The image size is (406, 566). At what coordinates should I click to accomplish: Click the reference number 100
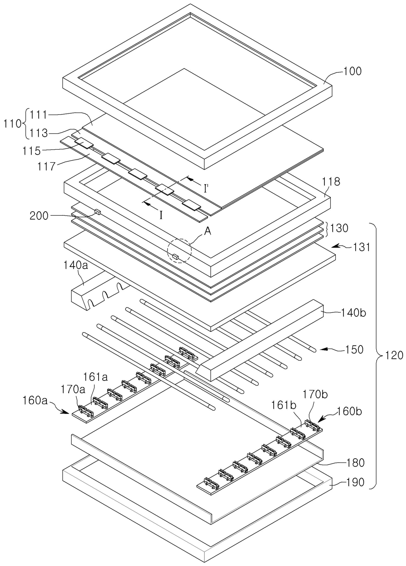(x=352, y=71)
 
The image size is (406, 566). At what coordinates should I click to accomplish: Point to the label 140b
(x=353, y=313)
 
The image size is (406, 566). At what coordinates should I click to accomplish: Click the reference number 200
(x=39, y=216)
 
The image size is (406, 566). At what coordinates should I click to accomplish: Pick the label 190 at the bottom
(x=355, y=482)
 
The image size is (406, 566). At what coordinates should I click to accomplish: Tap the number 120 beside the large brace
(x=394, y=355)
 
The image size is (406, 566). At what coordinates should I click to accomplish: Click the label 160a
(x=35, y=400)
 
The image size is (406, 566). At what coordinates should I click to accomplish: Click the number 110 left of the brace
(x=12, y=124)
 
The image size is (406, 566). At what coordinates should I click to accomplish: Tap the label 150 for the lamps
(x=354, y=350)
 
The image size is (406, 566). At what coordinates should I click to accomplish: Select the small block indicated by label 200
(x=97, y=211)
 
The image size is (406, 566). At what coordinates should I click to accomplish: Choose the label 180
(x=355, y=463)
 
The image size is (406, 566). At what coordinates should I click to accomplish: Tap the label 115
(x=31, y=151)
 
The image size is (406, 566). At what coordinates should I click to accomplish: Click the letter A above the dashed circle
(x=208, y=232)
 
